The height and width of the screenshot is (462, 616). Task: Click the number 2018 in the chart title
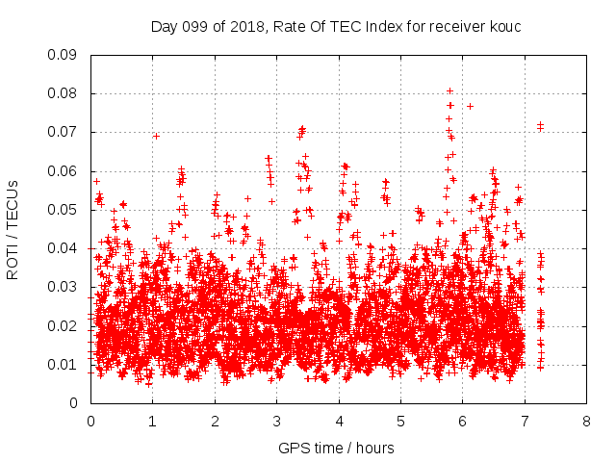pyautogui.click(x=247, y=27)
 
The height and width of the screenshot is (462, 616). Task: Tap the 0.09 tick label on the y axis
pyautogui.click(x=62, y=55)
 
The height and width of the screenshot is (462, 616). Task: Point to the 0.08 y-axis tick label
pyautogui.click(x=62, y=93)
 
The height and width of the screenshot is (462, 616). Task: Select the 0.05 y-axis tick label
pyautogui.click(x=62, y=210)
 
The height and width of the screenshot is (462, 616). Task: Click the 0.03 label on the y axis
pyautogui.click(x=62, y=287)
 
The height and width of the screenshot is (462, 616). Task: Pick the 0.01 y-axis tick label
pyautogui.click(x=62, y=365)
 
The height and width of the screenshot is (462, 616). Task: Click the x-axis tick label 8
pyautogui.click(x=586, y=422)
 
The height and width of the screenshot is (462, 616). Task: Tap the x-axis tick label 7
pyautogui.click(x=525, y=422)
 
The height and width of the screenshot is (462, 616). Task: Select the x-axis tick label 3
pyautogui.click(x=276, y=422)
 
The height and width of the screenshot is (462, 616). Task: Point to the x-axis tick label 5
pyautogui.click(x=400, y=422)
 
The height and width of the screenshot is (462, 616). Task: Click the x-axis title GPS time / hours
pyautogui.click(x=336, y=449)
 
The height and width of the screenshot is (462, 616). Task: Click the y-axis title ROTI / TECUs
pyautogui.click(x=13, y=230)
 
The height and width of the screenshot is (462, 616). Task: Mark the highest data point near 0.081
pyautogui.click(x=450, y=91)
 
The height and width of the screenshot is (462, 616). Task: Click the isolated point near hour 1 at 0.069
pyautogui.click(x=156, y=137)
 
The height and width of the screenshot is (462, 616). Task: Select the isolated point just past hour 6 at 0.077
pyautogui.click(x=470, y=107)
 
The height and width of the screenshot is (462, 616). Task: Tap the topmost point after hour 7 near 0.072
pyautogui.click(x=541, y=124)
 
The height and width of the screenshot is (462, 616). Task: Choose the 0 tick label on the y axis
pyautogui.click(x=73, y=403)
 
